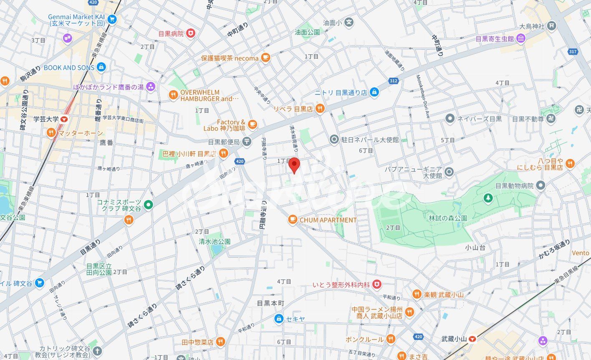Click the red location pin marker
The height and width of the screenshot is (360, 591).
[294, 165]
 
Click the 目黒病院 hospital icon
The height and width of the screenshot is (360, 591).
[190, 33]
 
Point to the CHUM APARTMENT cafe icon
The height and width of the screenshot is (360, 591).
[293, 220]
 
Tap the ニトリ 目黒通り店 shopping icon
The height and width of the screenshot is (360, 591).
[374, 93]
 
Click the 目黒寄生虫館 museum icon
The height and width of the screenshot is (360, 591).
[520, 39]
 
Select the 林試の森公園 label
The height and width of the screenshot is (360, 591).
[447, 218]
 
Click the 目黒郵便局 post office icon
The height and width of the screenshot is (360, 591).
[247, 142]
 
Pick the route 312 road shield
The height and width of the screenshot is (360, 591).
[393, 81]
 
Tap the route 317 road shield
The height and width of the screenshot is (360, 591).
[573, 51]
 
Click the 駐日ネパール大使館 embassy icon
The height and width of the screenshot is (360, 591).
[334, 139]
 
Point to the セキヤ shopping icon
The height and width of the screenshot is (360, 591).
[279, 319]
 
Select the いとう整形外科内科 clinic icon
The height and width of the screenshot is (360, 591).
[377, 284]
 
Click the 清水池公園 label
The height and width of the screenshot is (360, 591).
[215, 241]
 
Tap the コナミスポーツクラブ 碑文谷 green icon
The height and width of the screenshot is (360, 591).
[148, 205]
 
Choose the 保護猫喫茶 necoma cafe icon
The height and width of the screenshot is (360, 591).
[265, 58]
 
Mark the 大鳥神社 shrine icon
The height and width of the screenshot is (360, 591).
[552, 26]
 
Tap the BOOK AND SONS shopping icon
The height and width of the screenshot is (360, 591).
[101, 67]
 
